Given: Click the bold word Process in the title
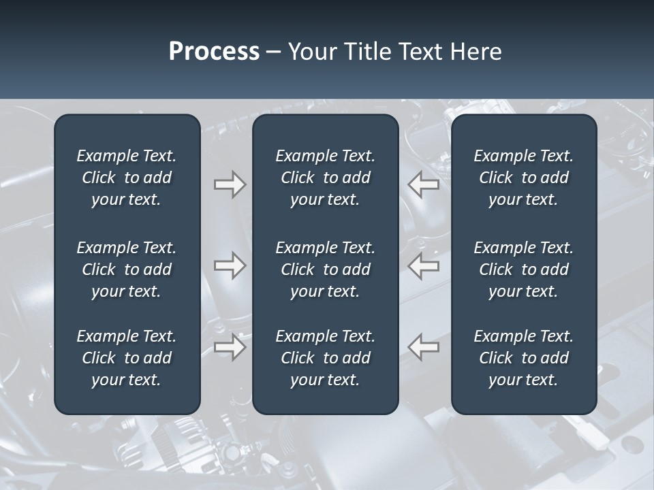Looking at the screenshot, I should pyautogui.click(x=214, y=52).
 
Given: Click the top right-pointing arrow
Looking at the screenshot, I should pyautogui.click(x=230, y=184).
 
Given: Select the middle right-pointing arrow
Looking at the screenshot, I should pyautogui.click(x=230, y=265).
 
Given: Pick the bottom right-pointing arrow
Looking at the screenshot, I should pyautogui.click(x=230, y=347).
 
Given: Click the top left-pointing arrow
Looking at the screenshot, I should pyautogui.click(x=423, y=184).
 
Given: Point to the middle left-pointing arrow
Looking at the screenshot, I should pyautogui.click(x=423, y=265).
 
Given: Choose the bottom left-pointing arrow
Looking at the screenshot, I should pyautogui.click(x=423, y=347).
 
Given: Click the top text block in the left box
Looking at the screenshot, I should pyautogui.click(x=127, y=178).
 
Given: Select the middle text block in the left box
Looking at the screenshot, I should pyautogui.click(x=127, y=269).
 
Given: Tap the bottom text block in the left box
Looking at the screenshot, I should pyautogui.click(x=127, y=358).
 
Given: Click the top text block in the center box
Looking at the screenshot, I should pyautogui.click(x=325, y=178).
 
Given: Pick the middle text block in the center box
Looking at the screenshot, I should pyautogui.click(x=325, y=269).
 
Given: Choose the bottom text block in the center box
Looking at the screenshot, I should pyautogui.click(x=325, y=358).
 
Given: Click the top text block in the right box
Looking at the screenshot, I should pyautogui.click(x=523, y=178).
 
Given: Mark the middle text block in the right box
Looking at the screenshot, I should pyautogui.click(x=523, y=269).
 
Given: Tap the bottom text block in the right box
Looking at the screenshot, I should pyautogui.click(x=523, y=358).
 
